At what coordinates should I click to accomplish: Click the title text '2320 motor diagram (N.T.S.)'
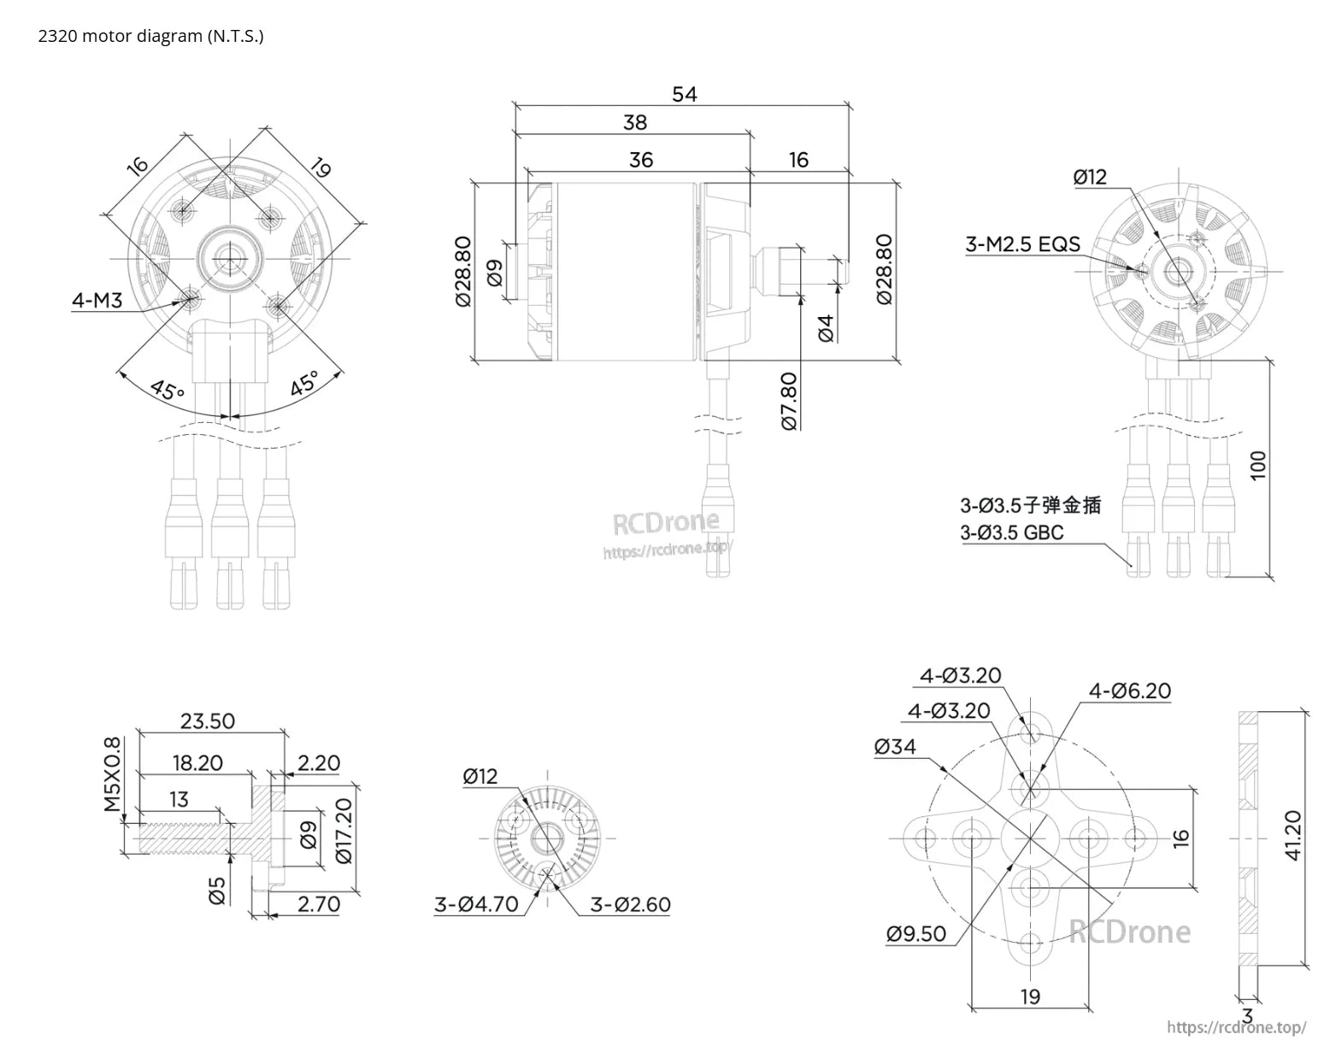pyautogui.click(x=150, y=36)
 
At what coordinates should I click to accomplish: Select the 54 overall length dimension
pyautogui.click(x=684, y=94)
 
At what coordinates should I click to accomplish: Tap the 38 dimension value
pyautogui.click(x=634, y=122)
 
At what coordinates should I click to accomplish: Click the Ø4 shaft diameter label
pyautogui.click(x=825, y=327)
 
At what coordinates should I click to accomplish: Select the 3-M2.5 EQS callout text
pyautogui.click(x=1022, y=244)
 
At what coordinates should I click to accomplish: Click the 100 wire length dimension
pyautogui.click(x=1258, y=465)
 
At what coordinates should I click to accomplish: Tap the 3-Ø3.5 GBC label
pyautogui.click(x=1012, y=532)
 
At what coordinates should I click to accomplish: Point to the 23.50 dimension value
pyautogui.click(x=207, y=720)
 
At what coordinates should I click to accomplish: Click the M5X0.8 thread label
pyautogui.click(x=112, y=774)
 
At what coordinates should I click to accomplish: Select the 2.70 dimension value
pyautogui.click(x=319, y=903)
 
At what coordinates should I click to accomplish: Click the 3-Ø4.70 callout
pyautogui.click(x=476, y=903)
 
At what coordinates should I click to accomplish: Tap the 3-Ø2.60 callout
pyautogui.click(x=630, y=903)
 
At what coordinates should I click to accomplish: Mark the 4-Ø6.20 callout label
pyautogui.click(x=1129, y=691)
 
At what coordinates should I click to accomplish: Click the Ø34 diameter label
pyautogui.click(x=895, y=746)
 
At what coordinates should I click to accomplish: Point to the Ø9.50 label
pyautogui.click(x=916, y=933)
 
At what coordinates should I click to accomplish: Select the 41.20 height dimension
pyautogui.click(x=1292, y=836)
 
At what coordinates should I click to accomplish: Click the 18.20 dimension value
pyautogui.click(x=197, y=762)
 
